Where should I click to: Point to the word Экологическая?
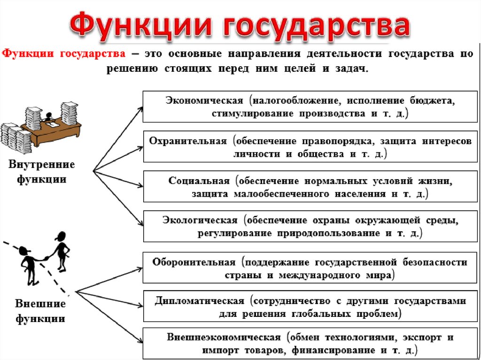point(201,220)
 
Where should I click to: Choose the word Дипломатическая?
point(200,301)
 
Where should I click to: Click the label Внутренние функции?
point(41,172)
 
